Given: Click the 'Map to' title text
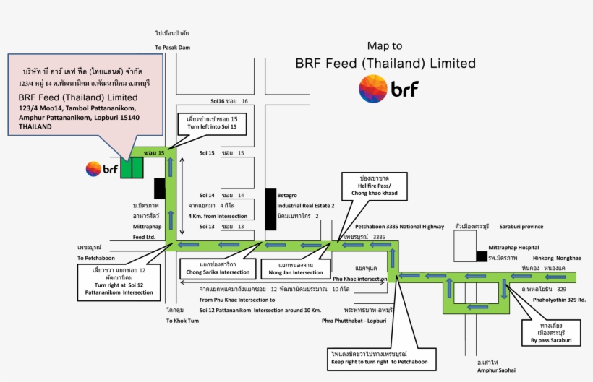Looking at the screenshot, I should tap(385, 45).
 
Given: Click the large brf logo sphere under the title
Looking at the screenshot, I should tap(373, 89).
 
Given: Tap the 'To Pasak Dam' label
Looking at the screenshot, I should tap(171, 48).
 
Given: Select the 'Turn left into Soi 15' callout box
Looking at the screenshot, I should tap(212, 123).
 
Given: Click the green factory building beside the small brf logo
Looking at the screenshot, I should tap(132, 168).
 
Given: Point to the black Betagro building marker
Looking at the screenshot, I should tap(271, 209).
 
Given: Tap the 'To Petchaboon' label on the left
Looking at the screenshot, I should tap(96, 257).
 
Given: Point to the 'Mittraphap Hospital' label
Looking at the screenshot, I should tap(513, 247).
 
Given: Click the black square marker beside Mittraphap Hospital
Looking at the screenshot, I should tap(481, 256).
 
